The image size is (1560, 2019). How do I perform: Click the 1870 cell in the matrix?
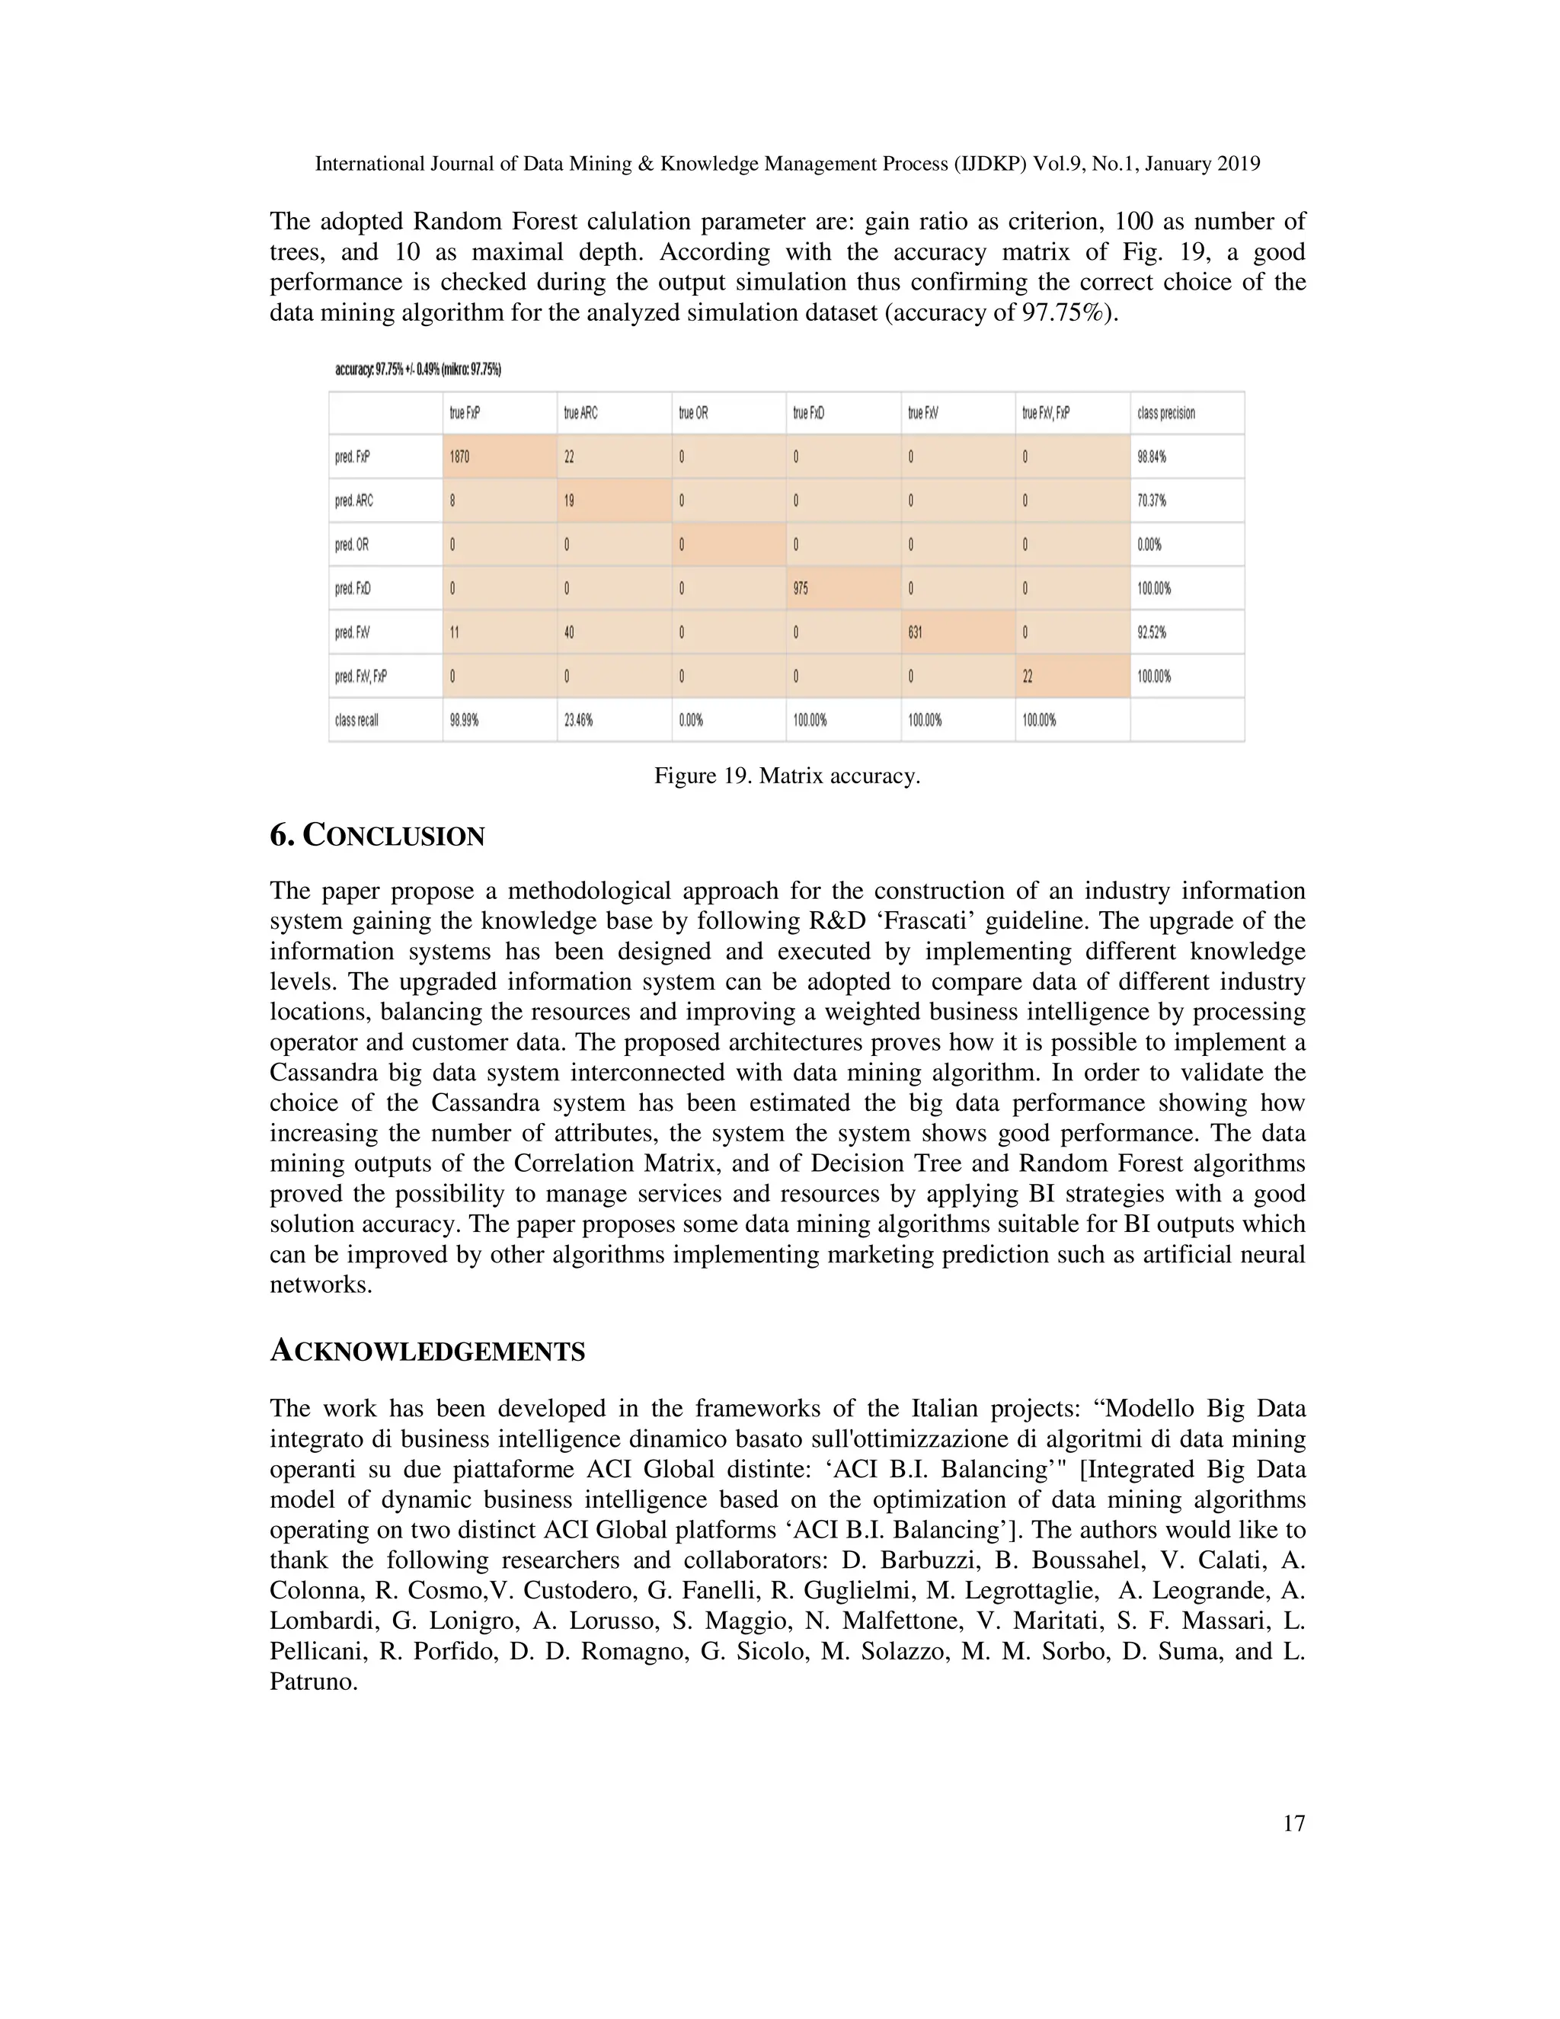coord(460,456)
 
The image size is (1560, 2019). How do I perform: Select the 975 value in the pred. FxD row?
coord(801,589)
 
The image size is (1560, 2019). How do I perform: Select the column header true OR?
coord(693,413)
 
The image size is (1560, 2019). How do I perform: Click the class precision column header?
coord(1166,413)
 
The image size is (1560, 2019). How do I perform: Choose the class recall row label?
coord(356,720)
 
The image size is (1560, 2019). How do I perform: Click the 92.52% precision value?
coord(1152,633)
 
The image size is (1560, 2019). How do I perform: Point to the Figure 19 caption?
coord(788,776)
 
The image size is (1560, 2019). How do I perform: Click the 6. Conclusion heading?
coord(377,837)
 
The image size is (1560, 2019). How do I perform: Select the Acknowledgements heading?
coord(427,1352)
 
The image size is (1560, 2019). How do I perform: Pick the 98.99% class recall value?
coord(464,720)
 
